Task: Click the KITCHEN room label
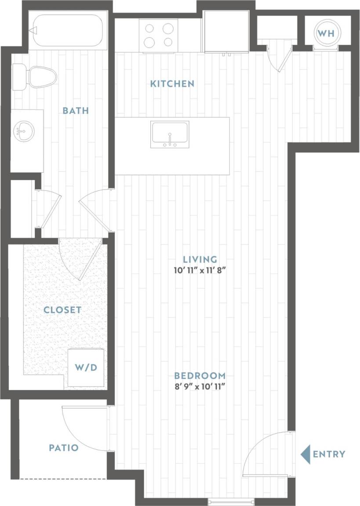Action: pyautogui.click(x=172, y=83)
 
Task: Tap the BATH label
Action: pyautogui.click(x=76, y=111)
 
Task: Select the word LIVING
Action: pyautogui.click(x=201, y=259)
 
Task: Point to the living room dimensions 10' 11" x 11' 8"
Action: pyautogui.click(x=201, y=271)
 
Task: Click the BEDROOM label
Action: pyautogui.click(x=200, y=376)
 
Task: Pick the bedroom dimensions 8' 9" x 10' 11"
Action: pyautogui.click(x=200, y=387)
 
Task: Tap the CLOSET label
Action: pyautogui.click(x=62, y=310)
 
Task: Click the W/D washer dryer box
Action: pyautogui.click(x=86, y=367)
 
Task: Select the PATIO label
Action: pyautogui.click(x=64, y=448)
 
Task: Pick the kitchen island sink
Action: pyautogui.click(x=170, y=134)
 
